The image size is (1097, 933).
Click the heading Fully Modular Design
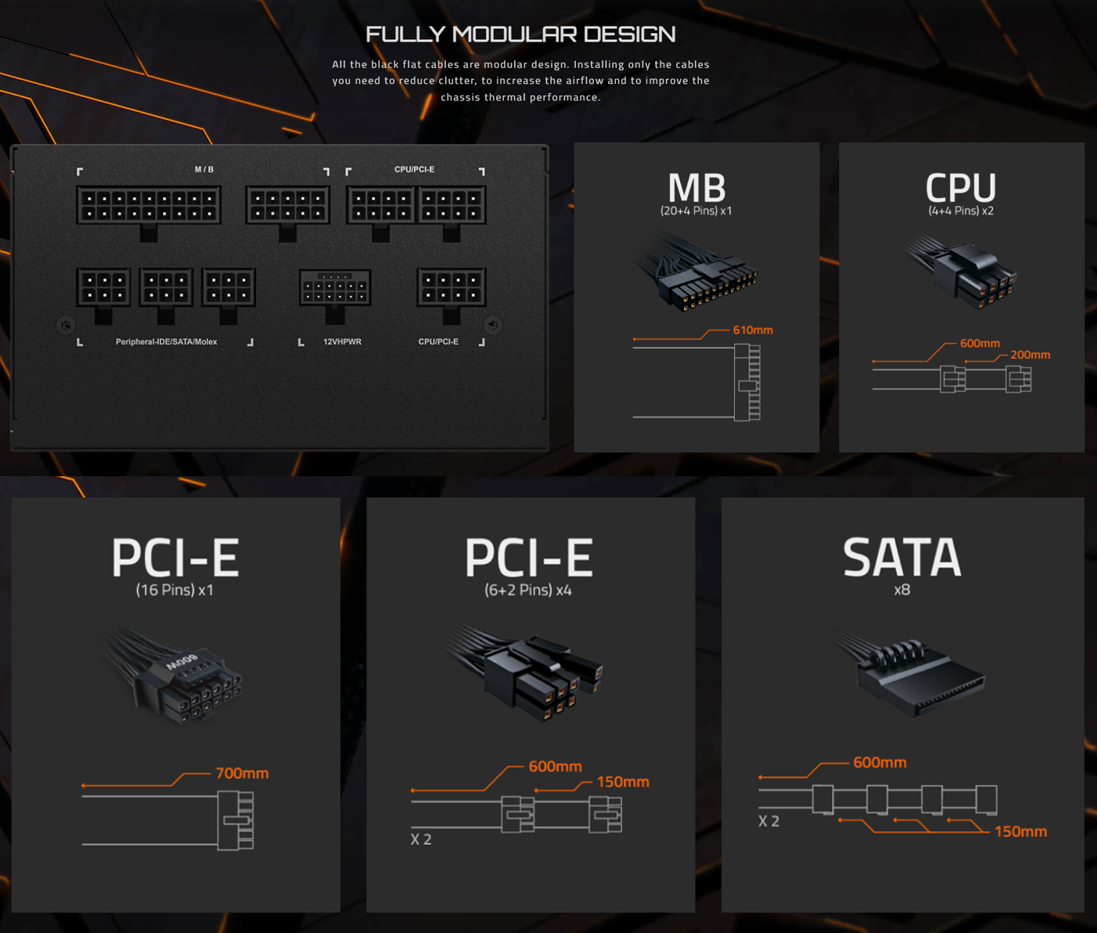tap(520, 34)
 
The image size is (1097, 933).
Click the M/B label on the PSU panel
tap(205, 169)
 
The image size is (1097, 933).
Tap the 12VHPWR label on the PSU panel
tap(342, 342)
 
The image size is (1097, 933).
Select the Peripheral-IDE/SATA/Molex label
tap(166, 342)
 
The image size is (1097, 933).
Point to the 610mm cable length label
tap(752, 330)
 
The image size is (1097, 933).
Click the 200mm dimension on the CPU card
tap(1030, 355)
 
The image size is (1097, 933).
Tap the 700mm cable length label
tap(242, 773)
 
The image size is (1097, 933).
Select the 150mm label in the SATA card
tap(1020, 831)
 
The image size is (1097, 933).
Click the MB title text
tap(697, 187)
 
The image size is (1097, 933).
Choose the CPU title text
tap(961, 187)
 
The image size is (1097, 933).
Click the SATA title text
tap(902, 557)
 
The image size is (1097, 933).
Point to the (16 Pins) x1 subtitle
tap(175, 590)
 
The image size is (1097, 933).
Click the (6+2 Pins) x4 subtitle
tap(528, 590)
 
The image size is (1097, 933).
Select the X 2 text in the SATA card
tap(769, 822)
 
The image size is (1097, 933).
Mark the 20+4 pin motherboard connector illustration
tap(695, 273)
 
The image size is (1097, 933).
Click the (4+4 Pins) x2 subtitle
tap(961, 211)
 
